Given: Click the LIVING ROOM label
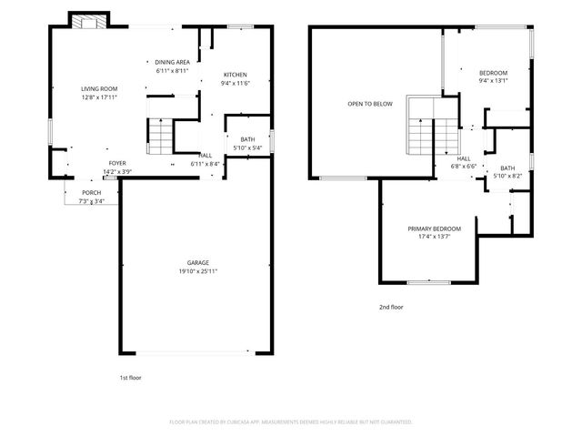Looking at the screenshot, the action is click(x=99, y=89).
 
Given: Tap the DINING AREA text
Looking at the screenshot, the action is click(x=172, y=62).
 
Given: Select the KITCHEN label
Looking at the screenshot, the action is click(x=236, y=75).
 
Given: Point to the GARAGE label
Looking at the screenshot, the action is click(x=198, y=263).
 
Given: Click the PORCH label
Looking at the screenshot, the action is click(x=92, y=192).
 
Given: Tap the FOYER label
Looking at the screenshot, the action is click(x=117, y=163).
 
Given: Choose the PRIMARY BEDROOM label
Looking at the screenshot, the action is click(x=435, y=229).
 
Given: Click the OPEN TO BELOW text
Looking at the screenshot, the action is click(x=370, y=104).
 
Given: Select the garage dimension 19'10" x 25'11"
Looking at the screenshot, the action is click(x=198, y=271).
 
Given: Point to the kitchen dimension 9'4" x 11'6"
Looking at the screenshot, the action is click(x=235, y=83).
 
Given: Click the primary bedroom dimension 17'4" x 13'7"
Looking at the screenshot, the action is click(x=435, y=237).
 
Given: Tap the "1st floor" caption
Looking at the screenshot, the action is click(x=130, y=378).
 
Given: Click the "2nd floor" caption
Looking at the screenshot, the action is click(x=391, y=307).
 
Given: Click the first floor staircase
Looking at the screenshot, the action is click(x=160, y=137).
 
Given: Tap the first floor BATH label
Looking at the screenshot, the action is click(x=247, y=139).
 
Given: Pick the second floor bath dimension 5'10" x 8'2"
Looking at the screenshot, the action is click(x=507, y=176).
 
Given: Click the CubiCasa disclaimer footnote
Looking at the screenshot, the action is click(x=291, y=422).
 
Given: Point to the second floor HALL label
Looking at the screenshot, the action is click(x=464, y=158).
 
